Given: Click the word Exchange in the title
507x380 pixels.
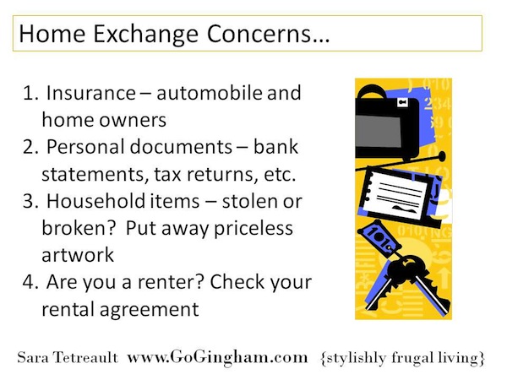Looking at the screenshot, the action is [145, 35].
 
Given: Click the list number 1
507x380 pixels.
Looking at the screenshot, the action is [30, 93].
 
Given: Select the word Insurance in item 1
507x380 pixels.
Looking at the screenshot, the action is [91, 93].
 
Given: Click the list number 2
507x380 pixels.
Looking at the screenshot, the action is [30, 147].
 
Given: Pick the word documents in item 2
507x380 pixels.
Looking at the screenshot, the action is [181, 147].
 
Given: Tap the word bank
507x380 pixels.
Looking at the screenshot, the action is [275, 147].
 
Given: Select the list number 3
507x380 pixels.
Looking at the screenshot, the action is [30, 201].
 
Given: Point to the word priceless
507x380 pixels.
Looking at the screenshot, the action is [253, 229].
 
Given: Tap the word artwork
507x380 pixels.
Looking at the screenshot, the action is [78, 255].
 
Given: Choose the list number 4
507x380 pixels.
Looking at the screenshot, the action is [30, 282].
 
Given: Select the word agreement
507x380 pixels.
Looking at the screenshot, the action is [149, 310].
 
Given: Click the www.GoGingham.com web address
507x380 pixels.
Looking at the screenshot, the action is [217, 358].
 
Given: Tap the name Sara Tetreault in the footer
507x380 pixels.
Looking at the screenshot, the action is [68, 358].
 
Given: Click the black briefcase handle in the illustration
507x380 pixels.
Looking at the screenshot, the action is [371, 91].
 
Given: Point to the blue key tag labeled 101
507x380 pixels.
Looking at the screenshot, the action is [377, 237].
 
